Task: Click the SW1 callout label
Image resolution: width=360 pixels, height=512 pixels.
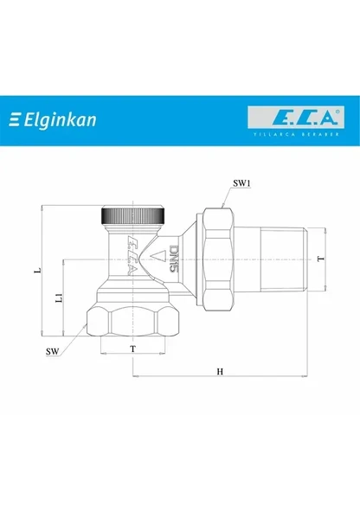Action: point(243,184)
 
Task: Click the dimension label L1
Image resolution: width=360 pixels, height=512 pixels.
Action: point(58,298)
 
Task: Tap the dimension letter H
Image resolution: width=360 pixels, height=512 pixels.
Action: point(221,372)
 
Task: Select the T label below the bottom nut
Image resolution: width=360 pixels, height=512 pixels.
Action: point(132,348)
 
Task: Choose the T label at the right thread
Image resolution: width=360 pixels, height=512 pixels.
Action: point(320,259)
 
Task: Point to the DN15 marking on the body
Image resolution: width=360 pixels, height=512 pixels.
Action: point(173,257)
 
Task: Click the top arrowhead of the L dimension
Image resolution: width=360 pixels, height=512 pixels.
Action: point(42,208)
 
